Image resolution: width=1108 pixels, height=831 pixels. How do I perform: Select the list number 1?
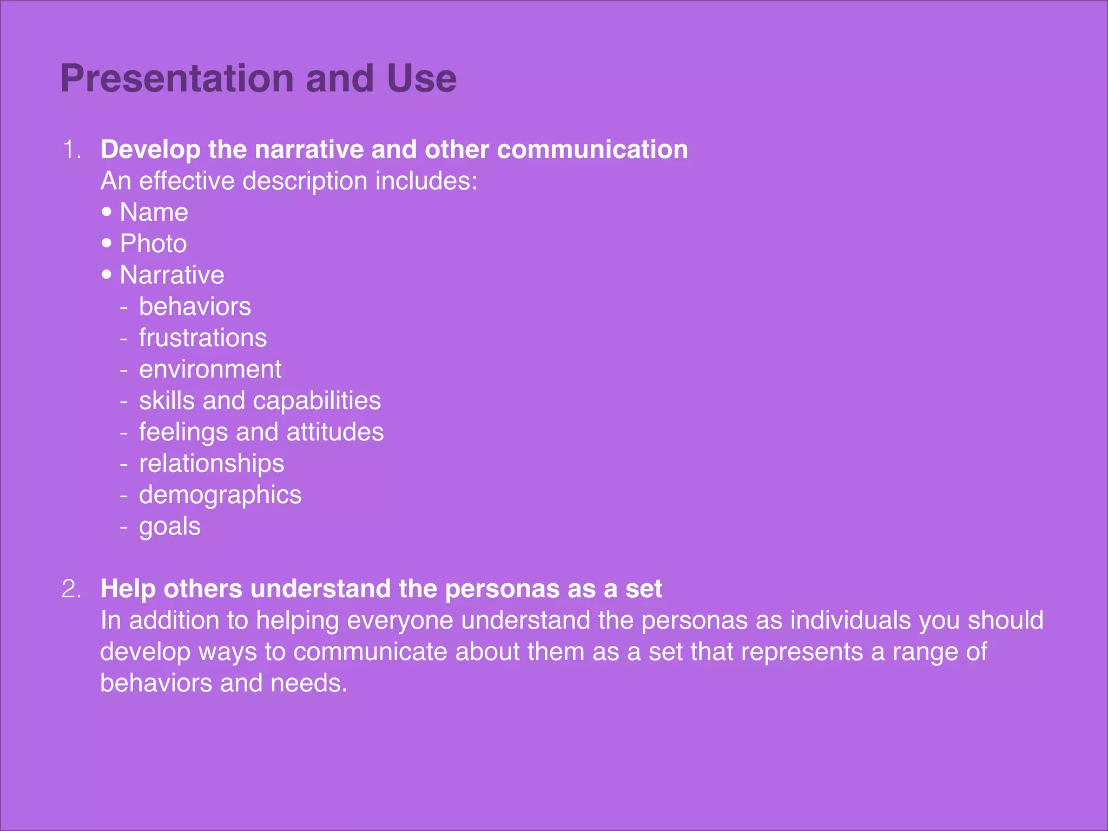point(71,150)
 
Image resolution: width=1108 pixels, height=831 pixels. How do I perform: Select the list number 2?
point(71,589)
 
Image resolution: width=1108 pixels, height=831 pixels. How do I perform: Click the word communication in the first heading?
point(592,150)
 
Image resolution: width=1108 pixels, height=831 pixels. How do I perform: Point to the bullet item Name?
point(154,212)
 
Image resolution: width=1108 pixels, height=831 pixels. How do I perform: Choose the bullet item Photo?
point(154,243)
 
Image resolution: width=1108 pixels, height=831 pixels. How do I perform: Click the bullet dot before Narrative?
point(107,274)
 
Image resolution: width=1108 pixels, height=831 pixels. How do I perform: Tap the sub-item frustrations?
point(203,338)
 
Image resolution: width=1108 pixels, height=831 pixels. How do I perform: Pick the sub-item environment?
point(210,370)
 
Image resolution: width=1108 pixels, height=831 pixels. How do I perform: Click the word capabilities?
point(316,401)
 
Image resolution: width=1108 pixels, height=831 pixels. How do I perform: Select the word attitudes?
point(335,432)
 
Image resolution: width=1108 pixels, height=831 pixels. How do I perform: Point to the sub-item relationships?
point(212,464)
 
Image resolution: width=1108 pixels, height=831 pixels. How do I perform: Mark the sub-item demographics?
point(220,495)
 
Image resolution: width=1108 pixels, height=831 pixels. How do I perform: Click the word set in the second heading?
point(644,589)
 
